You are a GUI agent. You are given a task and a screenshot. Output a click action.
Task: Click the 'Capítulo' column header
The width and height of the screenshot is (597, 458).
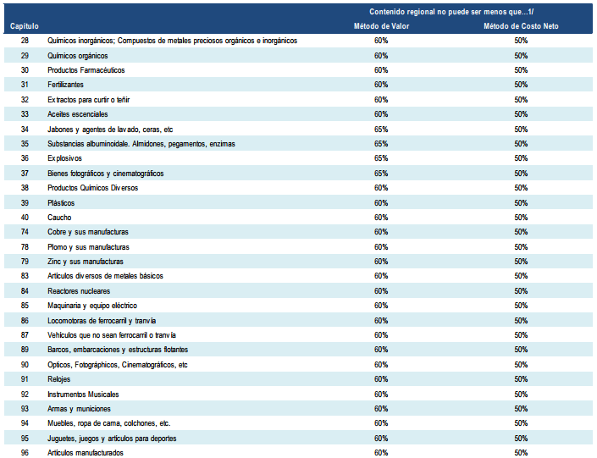pyautogui.click(x=25, y=26)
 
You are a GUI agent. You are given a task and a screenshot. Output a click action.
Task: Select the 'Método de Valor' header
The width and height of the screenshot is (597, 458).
pyautogui.click(x=381, y=26)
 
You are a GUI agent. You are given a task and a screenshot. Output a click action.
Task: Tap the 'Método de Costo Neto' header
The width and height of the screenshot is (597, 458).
pyautogui.click(x=521, y=26)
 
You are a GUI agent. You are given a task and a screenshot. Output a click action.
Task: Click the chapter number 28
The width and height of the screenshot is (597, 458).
pyautogui.click(x=25, y=41)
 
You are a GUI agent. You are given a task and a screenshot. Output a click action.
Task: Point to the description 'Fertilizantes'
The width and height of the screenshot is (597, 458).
pyautogui.click(x=65, y=85)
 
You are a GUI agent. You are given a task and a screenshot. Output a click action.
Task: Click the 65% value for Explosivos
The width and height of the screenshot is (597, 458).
pyautogui.click(x=381, y=158)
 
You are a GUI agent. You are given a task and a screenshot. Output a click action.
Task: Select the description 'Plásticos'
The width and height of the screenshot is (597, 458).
pyautogui.click(x=61, y=203)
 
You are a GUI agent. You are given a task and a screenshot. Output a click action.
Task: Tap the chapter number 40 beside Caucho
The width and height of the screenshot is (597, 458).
pyautogui.click(x=25, y=218)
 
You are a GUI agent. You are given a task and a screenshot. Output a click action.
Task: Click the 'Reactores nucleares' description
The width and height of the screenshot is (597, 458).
pyautogui.click(x=79, y=291)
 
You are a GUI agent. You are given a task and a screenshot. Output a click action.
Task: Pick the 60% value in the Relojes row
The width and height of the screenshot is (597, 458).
pyautogui.click(x=381, y=379)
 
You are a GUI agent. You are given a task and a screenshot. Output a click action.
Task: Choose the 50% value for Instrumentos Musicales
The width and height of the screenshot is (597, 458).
pyautogui.click(x=521, y=395)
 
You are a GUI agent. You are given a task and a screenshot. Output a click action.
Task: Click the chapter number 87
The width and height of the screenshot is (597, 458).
pyautogui.click(x=25, y=335)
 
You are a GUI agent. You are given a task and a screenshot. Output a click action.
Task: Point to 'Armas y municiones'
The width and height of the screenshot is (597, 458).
pyautogui.click(x=79, y=409)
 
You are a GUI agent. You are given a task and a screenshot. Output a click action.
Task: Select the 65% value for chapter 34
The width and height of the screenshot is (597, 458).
pyautogui.click(x=381, y=130)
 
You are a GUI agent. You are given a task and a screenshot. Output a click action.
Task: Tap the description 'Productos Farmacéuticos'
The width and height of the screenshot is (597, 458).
pyautogui.click(x=86, y=70)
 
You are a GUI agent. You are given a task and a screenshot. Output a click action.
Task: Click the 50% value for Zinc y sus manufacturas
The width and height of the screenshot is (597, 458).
pyautogui.click(x=521, y=262)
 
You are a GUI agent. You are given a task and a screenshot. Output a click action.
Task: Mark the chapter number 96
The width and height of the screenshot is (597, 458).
pyautogui.click(x=25, y=453)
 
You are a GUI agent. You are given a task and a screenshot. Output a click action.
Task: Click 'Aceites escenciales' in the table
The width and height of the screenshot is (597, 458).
pyautogui.click(x=78, y=114)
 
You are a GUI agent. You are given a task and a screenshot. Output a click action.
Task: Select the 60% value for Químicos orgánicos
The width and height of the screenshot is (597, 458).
pyautogui.click(x=381, y=56)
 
